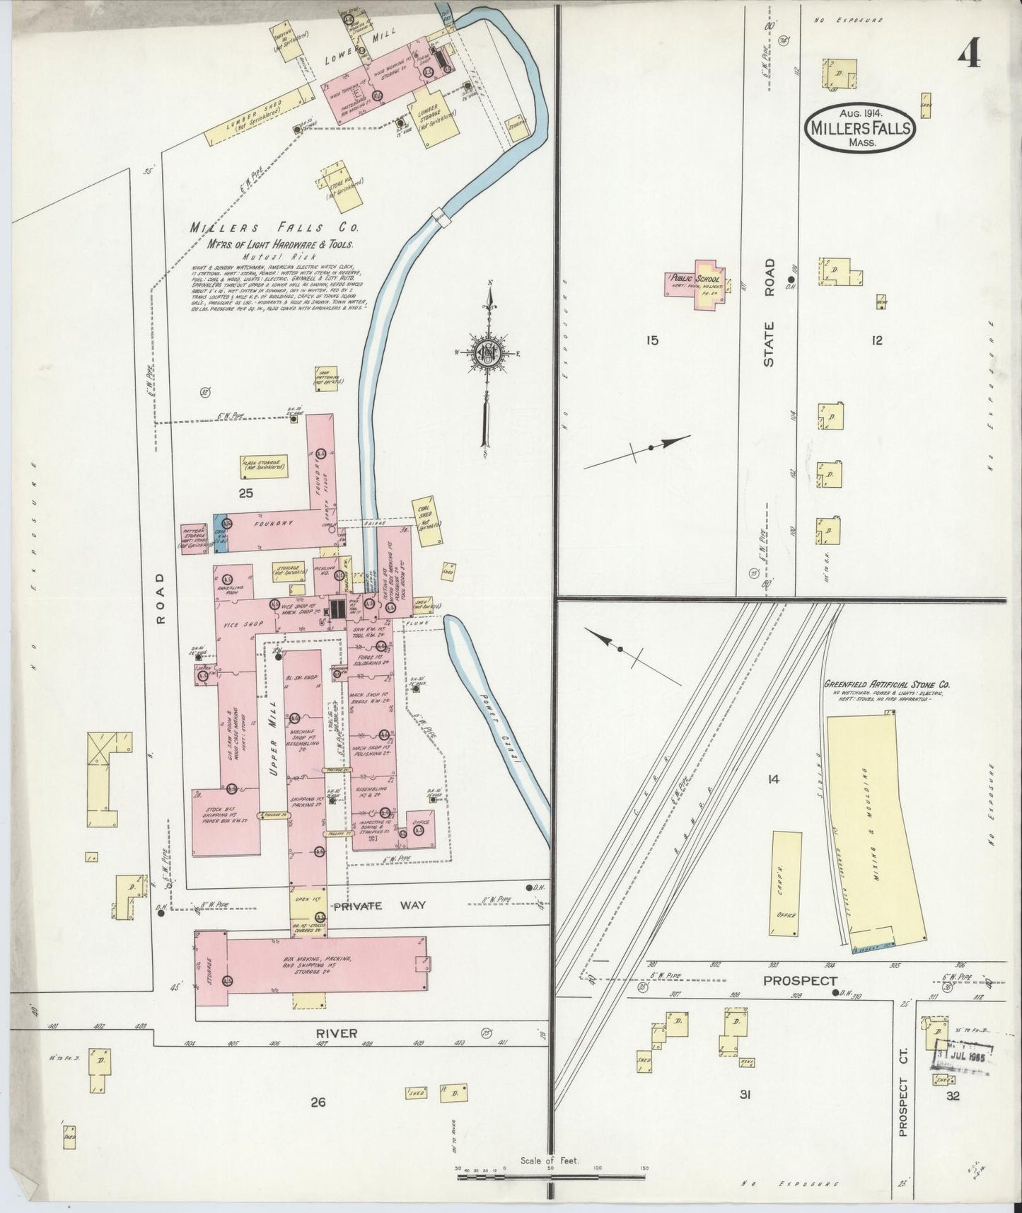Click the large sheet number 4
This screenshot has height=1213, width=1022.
(x=969, y=53)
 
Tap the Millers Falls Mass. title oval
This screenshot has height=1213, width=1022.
(x=859, y=127)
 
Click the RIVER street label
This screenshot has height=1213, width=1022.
(x=337, y=1034)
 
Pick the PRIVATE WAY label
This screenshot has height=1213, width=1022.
(x=368, y=906)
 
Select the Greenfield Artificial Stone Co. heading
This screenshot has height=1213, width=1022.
(x=887, y=685)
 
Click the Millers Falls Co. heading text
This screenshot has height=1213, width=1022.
(x=274, y=228)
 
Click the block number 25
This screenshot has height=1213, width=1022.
(x=245, y=493)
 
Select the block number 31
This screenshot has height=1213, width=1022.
(x=744, y=1096)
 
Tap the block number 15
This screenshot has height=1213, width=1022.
(x=651, y=340)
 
